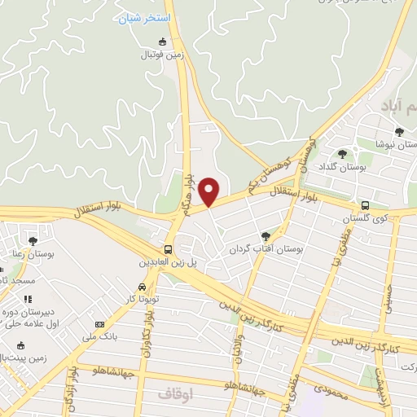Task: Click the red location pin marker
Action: click(209, 191)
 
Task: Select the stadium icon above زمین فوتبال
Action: click(163, 42)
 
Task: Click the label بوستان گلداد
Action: click(342, 166)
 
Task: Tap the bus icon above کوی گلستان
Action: click(365, 206)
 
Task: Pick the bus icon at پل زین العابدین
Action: click(168, 249)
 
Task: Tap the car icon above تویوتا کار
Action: click(143, 287)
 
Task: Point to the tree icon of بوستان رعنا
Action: click(33, 241)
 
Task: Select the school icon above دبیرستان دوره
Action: click(27, 299)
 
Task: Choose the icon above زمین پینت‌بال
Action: click(20, 345)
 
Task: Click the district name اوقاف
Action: click(177, 393)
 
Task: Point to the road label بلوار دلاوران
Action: click(147, 337)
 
